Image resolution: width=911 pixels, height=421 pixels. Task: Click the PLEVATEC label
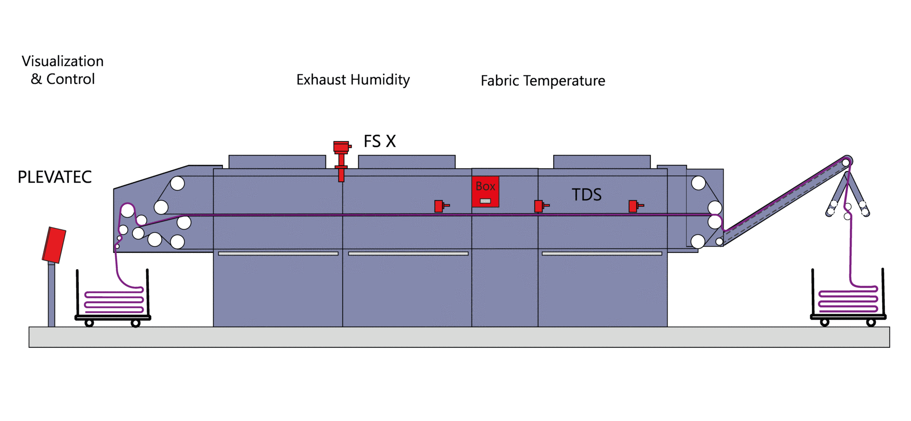pyautogui.click(x=55, y=177)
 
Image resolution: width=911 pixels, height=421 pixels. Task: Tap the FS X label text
pyautogui.click(x=380, y=141)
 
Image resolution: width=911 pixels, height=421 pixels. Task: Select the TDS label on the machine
pyautogui.click(x=586, y=195)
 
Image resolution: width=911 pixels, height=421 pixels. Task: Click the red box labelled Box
pyautogui.click(x=485, y=191)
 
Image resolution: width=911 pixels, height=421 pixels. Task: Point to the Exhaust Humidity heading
pyautogui.click(x=353, y=80)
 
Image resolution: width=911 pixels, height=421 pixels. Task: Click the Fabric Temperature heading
pyautogui.click(x=543, y=81)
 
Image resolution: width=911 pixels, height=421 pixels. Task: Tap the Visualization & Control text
pyautogui.click(x=63, y=70)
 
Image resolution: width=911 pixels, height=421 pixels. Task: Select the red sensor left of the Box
pyautogui.click(x=440, y=206)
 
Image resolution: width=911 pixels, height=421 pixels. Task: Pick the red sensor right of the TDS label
pyautogui.click(x=634, y=206)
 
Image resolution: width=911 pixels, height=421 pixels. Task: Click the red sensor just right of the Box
pyautogui.click(x=539, y=206)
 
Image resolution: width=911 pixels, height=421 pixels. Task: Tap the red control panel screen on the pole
pyautogui.click(x=54, y=245)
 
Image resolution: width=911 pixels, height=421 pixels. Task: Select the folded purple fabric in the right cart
pyautogui.click(x=848, y=300)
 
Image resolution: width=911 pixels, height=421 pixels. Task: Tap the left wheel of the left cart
pyautogui.click(x=89, y=323)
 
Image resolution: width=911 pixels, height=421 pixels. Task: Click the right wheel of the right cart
pyautogui.click(x=871, y=323)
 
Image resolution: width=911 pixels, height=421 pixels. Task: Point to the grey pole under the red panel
pyautogui.click(x=51, y=294)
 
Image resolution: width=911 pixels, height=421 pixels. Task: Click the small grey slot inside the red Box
pyautogui.click(x=485, y=201)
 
